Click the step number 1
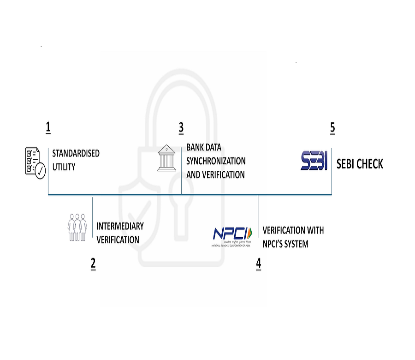pos(48,127)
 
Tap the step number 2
pos(93,263)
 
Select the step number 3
pos(181,127)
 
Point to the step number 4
pos(259,263)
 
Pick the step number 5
pos(332,128)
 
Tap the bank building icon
pos(166,158)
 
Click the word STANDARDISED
pos(76,153)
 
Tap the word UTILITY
pos(64,167)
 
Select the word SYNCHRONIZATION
pos(216,161)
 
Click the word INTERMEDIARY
pos(120,226)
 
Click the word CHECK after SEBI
pos(367,164)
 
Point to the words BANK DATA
pos(204,148)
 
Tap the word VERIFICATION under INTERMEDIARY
pos(118,240)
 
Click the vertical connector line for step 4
pos(258,216)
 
